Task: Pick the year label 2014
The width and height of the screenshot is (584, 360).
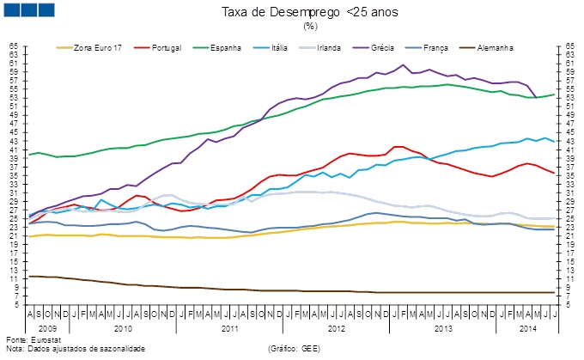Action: pyautogui.click(x=527, y=327)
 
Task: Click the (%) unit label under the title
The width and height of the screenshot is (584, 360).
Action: pyautogui.click(x=310, y=26)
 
